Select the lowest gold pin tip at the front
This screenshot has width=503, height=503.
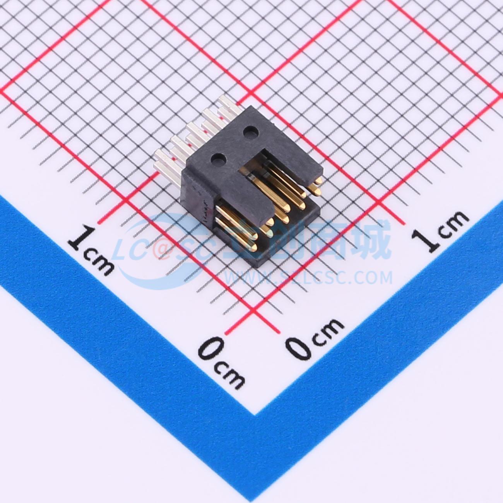(252, 247)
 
